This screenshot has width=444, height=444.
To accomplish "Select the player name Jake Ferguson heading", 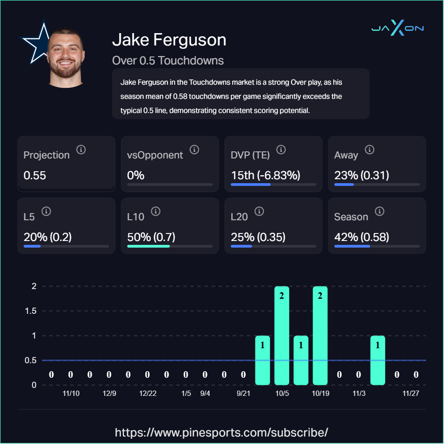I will tap(169, 40).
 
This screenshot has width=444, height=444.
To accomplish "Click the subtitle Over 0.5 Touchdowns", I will tap(168, 60).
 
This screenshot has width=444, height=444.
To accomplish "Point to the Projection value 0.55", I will tap(35, 175).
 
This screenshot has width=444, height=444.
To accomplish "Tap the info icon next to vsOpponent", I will tap(194, 150).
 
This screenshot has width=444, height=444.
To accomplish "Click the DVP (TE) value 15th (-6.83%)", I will tap(265, 175).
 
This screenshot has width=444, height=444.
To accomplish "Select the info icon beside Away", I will tap(370, 150).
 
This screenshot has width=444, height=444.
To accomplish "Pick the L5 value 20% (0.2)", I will tap(47, 237).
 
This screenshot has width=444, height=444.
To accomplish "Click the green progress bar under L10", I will tap(148, 246).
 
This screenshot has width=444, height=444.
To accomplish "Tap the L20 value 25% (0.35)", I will tap(258, 237).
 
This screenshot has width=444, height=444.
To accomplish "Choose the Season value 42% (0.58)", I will tap(361, 237).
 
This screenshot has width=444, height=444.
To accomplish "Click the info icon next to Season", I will tap(380, 211).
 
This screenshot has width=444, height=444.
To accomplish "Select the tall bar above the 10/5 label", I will tap(282, 335).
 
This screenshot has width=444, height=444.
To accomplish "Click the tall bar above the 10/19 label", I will tap(320, 335).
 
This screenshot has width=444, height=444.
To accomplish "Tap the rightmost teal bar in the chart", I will tap(377, 360).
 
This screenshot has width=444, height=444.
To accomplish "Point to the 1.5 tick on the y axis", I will tap(30, 311).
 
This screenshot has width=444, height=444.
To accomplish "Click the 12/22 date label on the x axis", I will tap(147, 393).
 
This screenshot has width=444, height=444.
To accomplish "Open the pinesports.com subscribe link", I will tap(222, 432).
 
